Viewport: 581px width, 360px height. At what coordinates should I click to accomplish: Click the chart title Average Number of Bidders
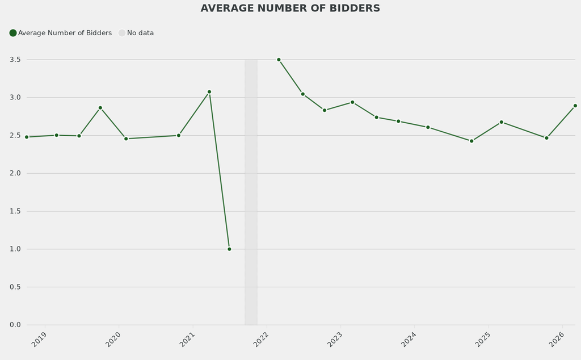[x=290, y=9]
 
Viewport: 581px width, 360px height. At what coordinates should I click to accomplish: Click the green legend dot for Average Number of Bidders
[x=13, y=33]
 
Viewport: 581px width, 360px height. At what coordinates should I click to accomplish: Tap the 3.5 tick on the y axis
[x=15, y=60]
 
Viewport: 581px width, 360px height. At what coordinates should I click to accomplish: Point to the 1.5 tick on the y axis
[x=15, y=211]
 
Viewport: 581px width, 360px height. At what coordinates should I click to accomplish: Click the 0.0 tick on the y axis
[x=15, y=325]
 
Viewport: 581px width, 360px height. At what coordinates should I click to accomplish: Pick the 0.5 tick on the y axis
[x=15, y=287]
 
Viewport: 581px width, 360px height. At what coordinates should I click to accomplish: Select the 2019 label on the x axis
[x=39, y=339]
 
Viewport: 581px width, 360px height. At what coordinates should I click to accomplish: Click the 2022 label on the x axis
[x=261, y=339]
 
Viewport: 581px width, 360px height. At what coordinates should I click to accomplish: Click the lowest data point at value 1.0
[x=229, y=249]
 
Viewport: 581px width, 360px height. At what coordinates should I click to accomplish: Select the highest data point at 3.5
[x=279, y=60]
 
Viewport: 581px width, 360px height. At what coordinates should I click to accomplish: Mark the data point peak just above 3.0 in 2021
[x=209, y=91]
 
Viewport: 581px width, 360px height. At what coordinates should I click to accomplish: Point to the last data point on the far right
[x=575, y=106]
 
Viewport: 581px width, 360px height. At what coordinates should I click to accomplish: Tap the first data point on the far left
[x=27, y=137]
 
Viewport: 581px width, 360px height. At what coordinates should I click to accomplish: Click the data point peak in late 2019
[x=100, y=108]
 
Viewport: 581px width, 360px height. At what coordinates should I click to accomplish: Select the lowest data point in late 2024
[x=471, y=141]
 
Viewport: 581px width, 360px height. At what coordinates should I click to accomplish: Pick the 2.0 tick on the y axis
[x=15, y=173]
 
